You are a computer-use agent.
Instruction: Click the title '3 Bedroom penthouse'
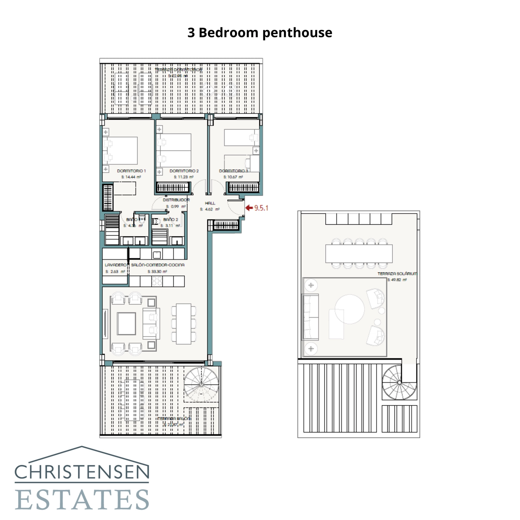tap(260, 33)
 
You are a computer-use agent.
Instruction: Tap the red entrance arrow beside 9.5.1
tap(249, 208)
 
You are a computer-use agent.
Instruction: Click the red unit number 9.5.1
tap(261, 208)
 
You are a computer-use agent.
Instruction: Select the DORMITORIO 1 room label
tap(131, 171)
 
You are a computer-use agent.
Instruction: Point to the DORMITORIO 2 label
tap(184, 171)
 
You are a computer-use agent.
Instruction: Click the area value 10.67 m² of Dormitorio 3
tap(233, 177)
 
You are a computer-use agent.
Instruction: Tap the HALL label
tap(210, 203)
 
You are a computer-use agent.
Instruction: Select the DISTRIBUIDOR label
tap(176, 200)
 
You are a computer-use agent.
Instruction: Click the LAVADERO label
tap(115, 265)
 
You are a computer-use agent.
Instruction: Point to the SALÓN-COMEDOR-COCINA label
tap(158, 265)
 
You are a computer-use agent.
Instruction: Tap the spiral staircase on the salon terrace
tap(201, 384)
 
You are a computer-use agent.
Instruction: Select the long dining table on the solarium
tap(359, 253)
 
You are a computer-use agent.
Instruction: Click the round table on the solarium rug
tap(350, 309)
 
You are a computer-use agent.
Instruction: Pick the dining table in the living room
tap(184, 324)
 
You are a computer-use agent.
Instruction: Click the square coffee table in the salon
tap(126, 323)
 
